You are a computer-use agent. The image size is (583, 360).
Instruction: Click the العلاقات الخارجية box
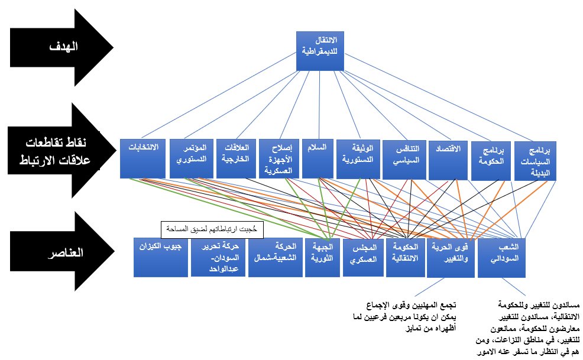pos(237,158)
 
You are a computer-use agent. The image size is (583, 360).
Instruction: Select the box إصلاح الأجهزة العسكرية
pos(281,158)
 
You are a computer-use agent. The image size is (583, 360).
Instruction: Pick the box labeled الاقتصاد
pos(446,158)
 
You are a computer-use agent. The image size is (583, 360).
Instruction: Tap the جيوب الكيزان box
pos(159,257)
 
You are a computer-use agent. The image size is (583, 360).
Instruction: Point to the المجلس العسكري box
pos(364,257)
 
